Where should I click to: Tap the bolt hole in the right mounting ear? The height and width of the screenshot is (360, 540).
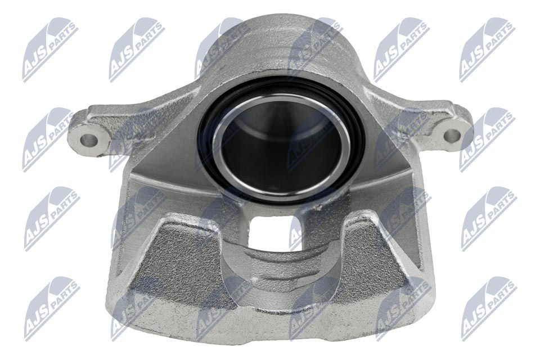(x=451, y=136)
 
